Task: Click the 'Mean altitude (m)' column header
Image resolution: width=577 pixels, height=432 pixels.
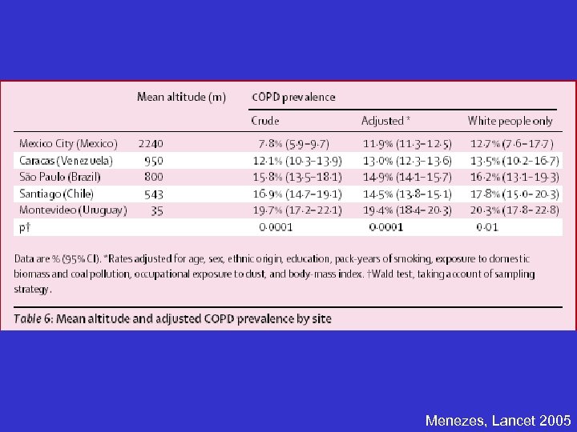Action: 181,98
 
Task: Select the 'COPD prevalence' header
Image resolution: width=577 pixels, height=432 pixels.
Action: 293,98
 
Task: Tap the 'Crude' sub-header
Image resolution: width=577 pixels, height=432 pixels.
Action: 265,121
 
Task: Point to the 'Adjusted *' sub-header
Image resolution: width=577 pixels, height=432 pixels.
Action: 386,121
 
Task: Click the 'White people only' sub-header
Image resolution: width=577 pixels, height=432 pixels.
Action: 510,121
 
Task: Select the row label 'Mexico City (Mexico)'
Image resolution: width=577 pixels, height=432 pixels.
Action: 68,144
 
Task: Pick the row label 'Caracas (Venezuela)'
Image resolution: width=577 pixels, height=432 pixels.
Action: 66,160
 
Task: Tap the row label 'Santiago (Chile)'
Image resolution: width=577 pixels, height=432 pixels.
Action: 56,193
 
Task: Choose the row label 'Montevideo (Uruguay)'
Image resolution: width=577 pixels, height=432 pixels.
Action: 73,210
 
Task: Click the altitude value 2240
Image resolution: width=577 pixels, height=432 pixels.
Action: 151,144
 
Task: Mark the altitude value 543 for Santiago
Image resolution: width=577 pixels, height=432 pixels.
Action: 153,193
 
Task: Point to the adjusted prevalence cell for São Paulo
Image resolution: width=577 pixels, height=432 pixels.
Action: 408,176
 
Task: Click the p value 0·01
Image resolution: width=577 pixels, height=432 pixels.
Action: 487,227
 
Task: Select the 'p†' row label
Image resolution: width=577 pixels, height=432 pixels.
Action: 25,227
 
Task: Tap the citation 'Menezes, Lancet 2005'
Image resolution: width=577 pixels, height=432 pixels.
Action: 498,420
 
